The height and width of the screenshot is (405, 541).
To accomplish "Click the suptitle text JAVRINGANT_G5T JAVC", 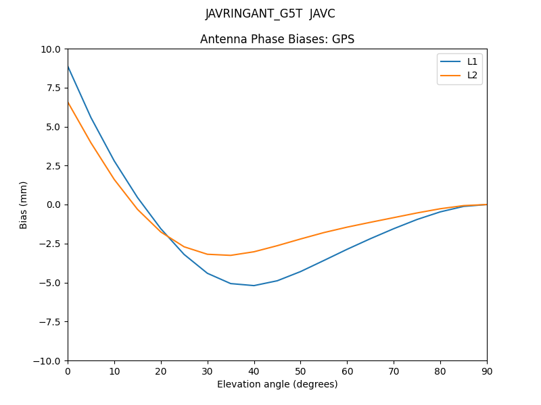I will pyautogui.click(x=270, y=13).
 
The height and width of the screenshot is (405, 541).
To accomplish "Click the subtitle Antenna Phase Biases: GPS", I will pyautogui.click(x=277, y=39).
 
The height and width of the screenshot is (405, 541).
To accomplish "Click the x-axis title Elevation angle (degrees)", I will pyautogui.click(x=277, y=385).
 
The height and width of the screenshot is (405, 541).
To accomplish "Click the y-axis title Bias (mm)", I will pyautogui.click(x=24, y=205).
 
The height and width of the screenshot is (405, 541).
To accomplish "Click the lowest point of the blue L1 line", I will pyautogui.click(x=254, y=286).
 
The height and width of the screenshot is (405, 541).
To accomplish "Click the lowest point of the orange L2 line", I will pyautogui.click(x=231, y=255).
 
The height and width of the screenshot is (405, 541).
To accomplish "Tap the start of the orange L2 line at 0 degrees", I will pyautogui.click(x=68, y=103).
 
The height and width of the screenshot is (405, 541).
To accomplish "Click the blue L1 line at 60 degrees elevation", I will pyautogui.click(x=347, y=249).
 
